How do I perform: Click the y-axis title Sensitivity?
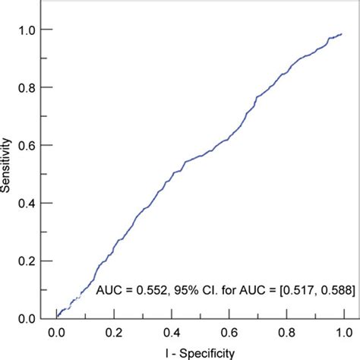tap(8, 173)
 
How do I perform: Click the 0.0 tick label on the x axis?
tap(56, 333)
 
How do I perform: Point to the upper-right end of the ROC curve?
tap(343, 34)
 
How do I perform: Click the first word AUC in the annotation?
tap(106, 289)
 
